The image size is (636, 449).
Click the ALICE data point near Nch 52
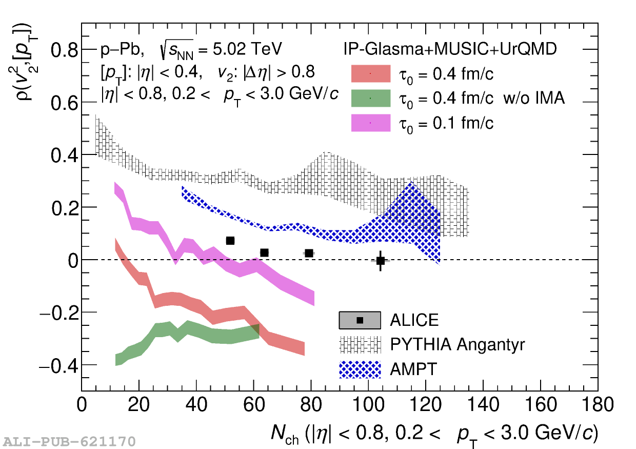click(x=230, y=241)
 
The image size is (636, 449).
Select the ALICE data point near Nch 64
click(x=264, y=252)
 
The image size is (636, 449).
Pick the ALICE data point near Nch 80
click(x=309, y=253)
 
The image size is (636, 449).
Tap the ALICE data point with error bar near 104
click(x=380, y=261)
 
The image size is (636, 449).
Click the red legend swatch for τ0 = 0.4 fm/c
click(x=370, y=74)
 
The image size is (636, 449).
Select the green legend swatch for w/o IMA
click(x=370, y=97)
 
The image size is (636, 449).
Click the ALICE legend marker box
click(x=360, y=320)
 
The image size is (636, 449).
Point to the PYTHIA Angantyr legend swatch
click(x=360, y=345)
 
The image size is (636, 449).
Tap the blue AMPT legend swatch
click(x=360, y=369)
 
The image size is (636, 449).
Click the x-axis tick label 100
click(x=368, y=405)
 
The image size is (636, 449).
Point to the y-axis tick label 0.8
click(x=64, y=50)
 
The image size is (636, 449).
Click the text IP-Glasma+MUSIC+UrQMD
click(x=450, y=49)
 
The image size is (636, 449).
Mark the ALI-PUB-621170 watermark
click(x=69, y=441)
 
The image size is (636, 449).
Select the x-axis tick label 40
click(x=196, y=405)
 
